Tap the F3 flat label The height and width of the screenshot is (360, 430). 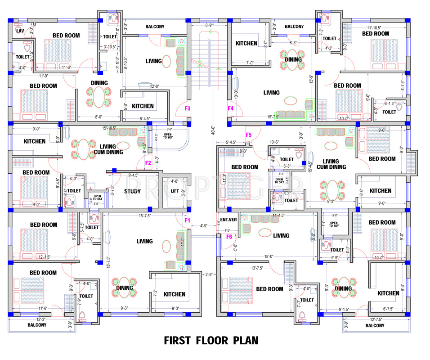188,108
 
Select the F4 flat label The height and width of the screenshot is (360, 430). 231,108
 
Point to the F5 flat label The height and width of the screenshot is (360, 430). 248,135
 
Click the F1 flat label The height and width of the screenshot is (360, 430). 188,220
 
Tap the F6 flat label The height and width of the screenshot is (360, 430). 229,237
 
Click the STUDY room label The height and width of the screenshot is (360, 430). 133,191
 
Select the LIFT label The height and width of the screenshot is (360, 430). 175,191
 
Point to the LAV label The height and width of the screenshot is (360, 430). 19,31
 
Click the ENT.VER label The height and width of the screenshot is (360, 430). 225,220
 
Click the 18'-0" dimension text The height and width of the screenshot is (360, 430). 269,257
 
